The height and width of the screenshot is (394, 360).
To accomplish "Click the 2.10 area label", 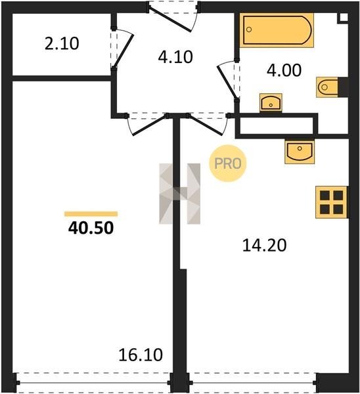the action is click(62, 43).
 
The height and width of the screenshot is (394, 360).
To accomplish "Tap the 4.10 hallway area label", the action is click(175, 56).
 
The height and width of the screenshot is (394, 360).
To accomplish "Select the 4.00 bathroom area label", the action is click(284, 70).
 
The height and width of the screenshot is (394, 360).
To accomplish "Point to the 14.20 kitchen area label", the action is click(264, 245).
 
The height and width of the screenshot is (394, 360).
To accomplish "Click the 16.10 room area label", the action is click(141, 355).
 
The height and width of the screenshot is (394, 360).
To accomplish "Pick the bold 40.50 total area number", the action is click(91, 228).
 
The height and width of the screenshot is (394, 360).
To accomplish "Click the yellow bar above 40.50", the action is click(91, 214).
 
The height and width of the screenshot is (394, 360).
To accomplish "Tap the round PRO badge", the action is click(228, 164).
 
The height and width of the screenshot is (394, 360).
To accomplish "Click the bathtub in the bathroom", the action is click(277, 30).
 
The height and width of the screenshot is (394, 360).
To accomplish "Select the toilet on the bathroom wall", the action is click(326, 87).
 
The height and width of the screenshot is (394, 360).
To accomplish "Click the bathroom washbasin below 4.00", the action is click(271, 103).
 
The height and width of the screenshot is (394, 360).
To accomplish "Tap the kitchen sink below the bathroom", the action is click(300, 152).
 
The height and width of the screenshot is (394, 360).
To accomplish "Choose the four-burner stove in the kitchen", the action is click(331, 202).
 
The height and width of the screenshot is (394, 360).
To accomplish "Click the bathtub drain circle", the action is click(249, 30).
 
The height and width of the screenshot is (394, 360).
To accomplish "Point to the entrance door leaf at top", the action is click(170, 20).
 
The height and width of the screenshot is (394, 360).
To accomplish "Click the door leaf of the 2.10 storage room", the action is click(124, 51).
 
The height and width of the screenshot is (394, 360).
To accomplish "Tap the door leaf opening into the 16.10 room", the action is click(149, 125).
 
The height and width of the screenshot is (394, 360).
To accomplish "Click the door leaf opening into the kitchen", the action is click(206, 125).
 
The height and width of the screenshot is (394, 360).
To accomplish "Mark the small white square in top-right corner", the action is click(344, 17).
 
